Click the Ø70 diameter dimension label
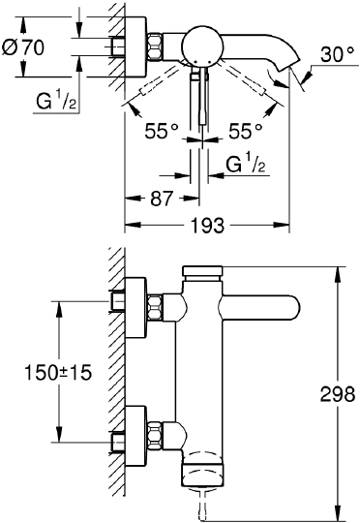[x=22, y=47]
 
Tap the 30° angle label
[x=338, y=54]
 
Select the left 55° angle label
[x=162, y=131]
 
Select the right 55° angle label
[x=246, y=131]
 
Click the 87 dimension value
[x=162, y=199]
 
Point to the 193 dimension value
[x=207, y=225]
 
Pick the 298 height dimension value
[x=338, y=394]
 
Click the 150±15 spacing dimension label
[x=58, y=372]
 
